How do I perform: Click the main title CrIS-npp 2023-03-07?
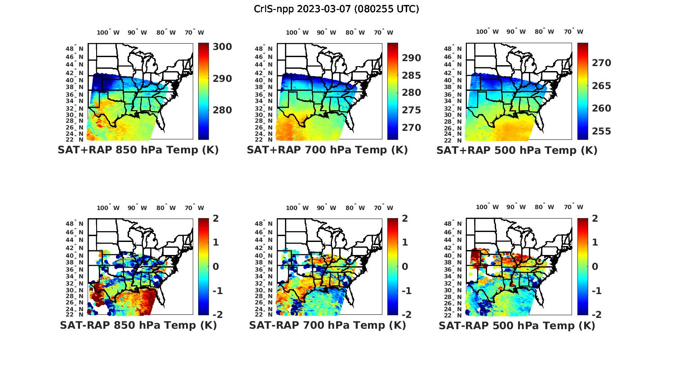[x=336, y=9]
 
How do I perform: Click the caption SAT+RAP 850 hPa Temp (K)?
[x=138, y=150]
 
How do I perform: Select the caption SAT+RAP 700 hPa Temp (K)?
[x=327, y=150]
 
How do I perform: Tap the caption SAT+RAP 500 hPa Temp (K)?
[x=517, y=150]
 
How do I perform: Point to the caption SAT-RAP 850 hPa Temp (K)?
[x=138, y=326]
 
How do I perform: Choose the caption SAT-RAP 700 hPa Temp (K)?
[x=327, y=326]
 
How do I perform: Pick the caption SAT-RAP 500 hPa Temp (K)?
[x=517, y=326]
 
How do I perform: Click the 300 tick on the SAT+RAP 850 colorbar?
[x=222, y=47]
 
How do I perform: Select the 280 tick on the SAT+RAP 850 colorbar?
[x=222, y=110]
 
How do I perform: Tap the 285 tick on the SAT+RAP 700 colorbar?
[x=412, y=76]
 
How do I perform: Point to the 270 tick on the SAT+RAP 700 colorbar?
[x=412, y=128]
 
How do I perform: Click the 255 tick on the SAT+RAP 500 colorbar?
[x=601, y=131]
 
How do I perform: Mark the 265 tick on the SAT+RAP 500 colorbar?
[x=601, y=86]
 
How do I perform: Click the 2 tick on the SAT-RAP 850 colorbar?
[x=216, y=219]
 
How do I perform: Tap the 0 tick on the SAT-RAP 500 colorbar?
[x=594, y=267]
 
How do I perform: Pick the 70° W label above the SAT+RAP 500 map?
[x=574, y=32]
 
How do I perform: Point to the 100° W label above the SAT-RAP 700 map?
[x=297, y=208]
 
